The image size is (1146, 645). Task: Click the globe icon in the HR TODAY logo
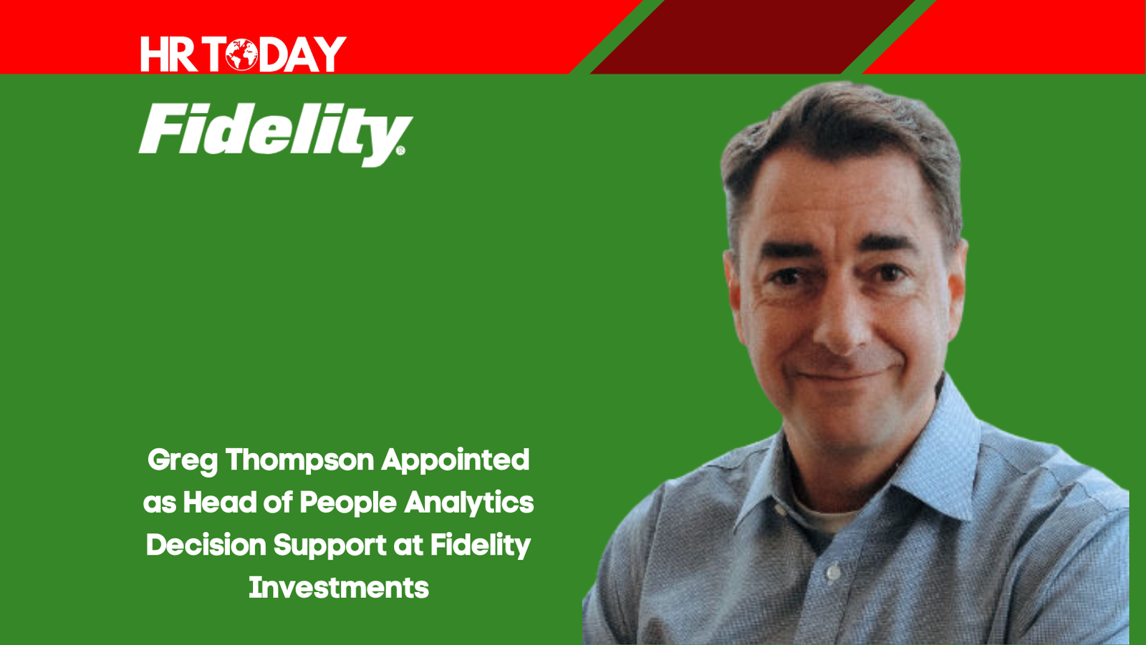point(242,54)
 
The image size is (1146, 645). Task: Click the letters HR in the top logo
point(169,54)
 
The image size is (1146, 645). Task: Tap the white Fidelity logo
point(275,135)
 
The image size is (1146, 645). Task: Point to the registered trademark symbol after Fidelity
point(400,150)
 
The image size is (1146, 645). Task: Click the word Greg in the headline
point(183,461)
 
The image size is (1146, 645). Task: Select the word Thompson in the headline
point(300,461)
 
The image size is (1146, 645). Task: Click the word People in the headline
point(348,503)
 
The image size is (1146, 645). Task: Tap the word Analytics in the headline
point(469,503)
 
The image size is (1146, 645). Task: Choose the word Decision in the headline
point(206,545)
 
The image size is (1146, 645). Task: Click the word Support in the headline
point(330,546)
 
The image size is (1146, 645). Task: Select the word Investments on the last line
point(339,587)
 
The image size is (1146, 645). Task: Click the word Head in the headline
point(220,503)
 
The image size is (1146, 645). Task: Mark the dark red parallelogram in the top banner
point(753,37)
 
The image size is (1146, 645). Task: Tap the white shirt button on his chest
point(833,571)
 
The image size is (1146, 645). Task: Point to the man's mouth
point(844,374)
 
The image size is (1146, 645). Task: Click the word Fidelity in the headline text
point(481,546)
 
